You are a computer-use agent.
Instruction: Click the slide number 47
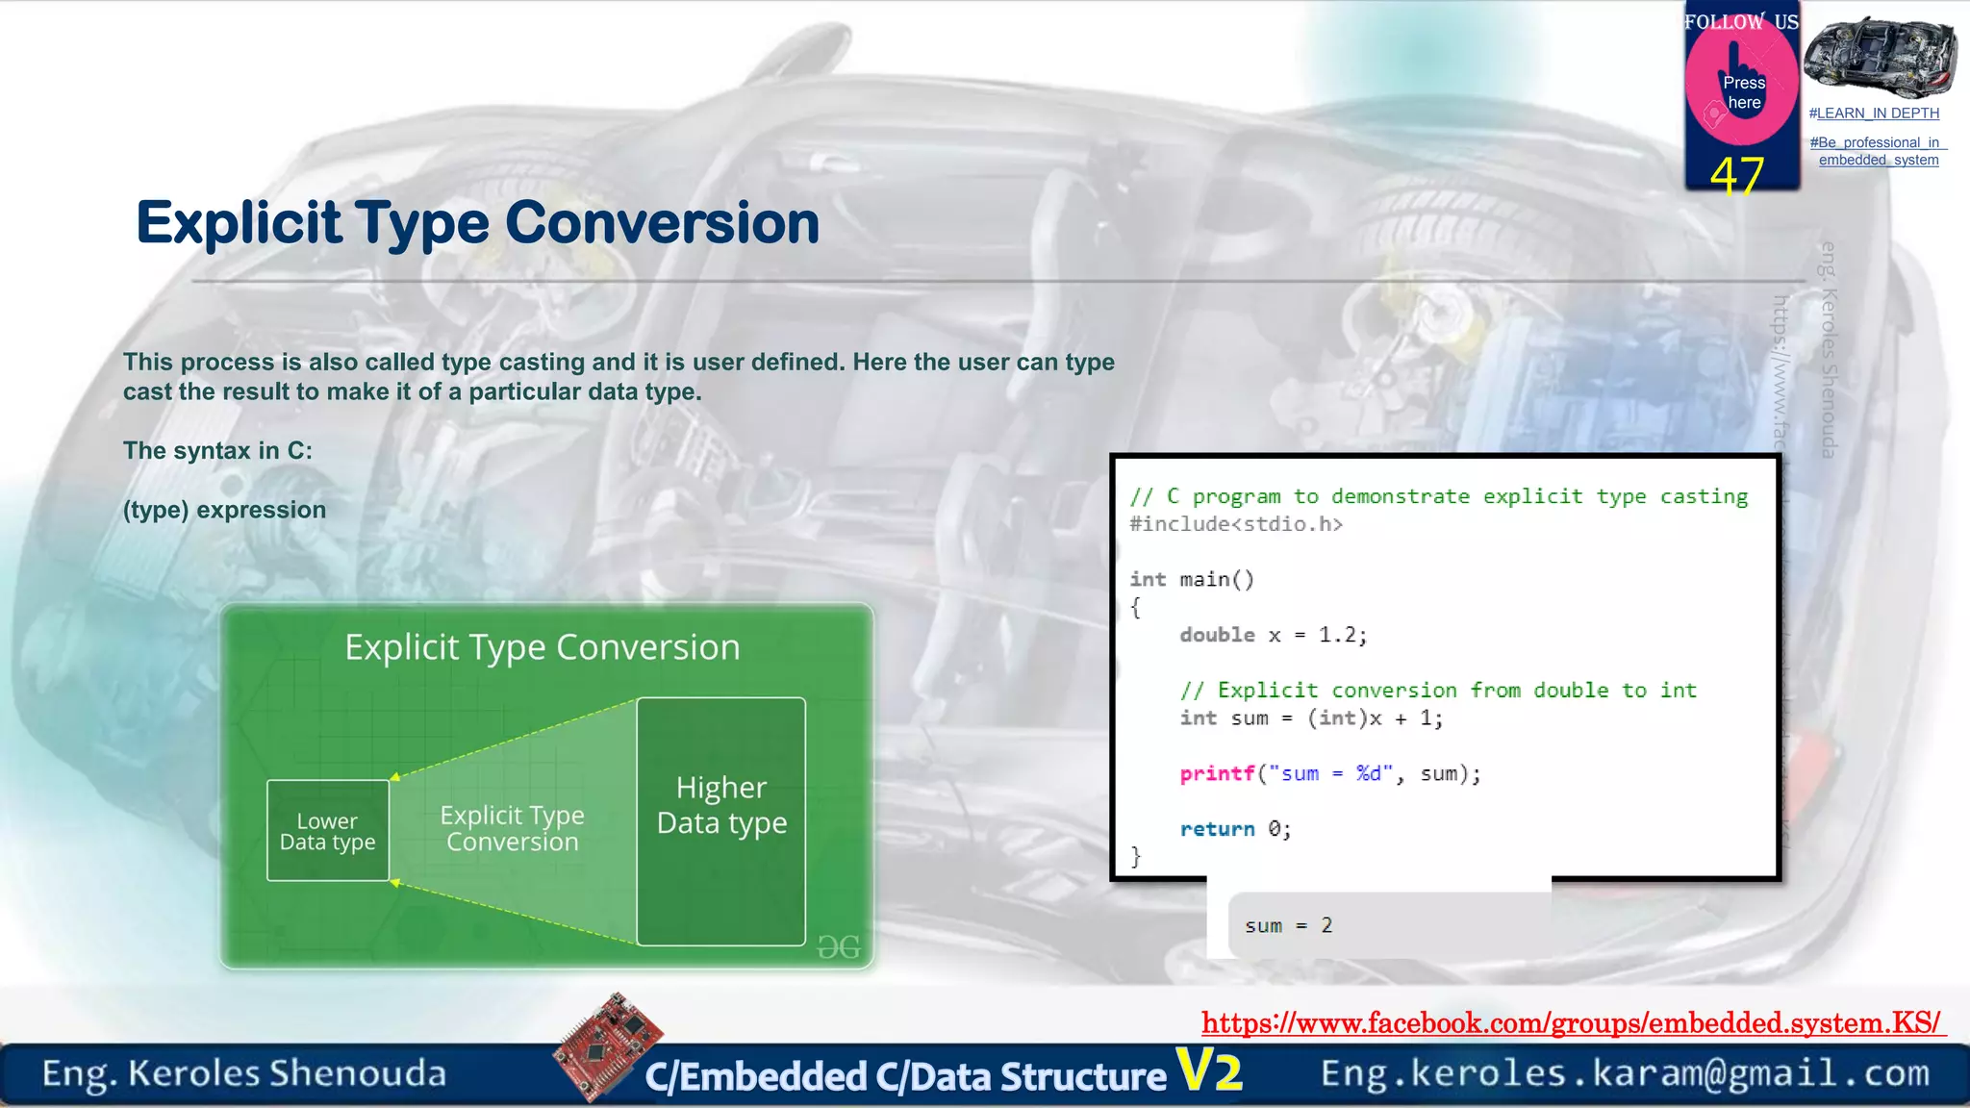pos(1736,176)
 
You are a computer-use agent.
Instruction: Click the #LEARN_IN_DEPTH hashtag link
pos(1874,113)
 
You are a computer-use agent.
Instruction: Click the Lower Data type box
pos(328,831)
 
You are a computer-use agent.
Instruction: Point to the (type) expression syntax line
pos(224,510)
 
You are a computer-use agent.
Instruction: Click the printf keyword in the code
pos(1217,773)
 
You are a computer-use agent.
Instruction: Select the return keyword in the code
pos(1217,829)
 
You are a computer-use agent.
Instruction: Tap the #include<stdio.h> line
pos(1236,524)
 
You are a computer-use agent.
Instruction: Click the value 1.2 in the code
pos(1337,635)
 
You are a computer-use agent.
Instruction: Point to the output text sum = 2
pos(1288,925)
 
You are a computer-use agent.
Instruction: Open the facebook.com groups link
pos(1572,1022)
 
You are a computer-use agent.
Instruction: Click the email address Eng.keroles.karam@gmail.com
pos(1625,1073)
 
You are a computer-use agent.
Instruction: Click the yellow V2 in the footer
pos(1209,1070)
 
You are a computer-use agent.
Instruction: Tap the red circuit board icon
pos(608,1045)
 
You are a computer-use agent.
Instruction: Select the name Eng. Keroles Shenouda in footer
pos(244,1073)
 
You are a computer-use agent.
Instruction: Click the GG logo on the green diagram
pos(838,947)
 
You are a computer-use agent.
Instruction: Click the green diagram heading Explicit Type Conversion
pos(543,647)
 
